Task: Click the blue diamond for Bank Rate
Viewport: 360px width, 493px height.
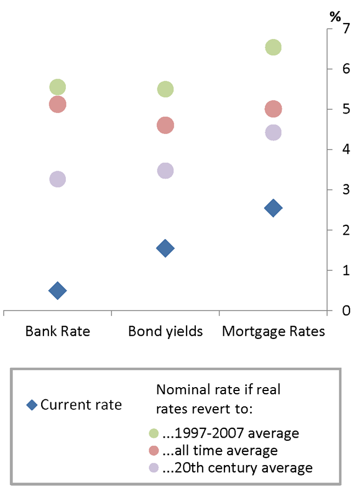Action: click(58, 291)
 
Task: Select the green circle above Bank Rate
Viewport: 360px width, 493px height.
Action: click(58, 87)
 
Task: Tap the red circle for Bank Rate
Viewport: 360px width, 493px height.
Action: click(58, 104)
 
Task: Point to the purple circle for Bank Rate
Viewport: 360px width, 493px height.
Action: click(58, 179)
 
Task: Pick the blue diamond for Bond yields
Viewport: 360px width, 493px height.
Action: click(165, 248)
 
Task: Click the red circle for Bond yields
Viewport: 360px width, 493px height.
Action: click(165, 126)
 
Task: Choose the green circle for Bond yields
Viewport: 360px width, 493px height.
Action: click(165, 89)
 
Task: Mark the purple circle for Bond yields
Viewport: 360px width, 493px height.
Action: click(165, 171)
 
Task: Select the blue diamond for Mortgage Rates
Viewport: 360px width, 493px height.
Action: click(273, 208)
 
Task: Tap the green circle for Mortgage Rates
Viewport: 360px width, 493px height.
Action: click(273, 48)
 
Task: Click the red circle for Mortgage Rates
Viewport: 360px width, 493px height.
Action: click(273, 109)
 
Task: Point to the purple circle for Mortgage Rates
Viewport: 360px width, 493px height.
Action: click(273, 132)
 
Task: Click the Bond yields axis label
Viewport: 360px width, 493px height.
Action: click(165, 332)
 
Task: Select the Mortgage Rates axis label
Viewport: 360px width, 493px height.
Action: click(273, 332)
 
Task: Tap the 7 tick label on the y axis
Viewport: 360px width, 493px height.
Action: click(347, 29)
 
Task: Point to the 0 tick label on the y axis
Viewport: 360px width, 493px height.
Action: click(347, 311)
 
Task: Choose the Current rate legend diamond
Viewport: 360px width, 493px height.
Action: click(32, 406)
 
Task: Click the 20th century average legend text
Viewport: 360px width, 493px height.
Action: click(239, 468)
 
